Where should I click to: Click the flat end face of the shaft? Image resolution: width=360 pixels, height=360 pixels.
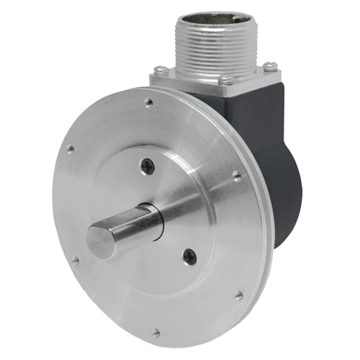tap(101, 241)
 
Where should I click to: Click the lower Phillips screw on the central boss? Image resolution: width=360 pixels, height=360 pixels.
tap(189, 254)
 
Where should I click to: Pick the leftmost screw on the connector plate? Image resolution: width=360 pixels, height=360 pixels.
tap(160, 70)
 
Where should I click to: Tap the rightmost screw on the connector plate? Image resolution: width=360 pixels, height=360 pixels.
tap(270, 66)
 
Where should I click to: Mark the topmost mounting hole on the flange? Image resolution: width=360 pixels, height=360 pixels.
tap(149, 103)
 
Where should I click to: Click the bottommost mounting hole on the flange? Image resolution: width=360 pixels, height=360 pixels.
tap(156, 333)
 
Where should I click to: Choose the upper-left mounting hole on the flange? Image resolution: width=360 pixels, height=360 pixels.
tap(70, 149)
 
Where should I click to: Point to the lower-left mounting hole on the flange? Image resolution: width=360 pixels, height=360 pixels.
tap(74, 261)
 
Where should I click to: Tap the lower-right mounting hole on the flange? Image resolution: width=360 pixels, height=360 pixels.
tap(238, 294)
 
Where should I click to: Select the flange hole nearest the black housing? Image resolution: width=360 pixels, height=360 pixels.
tap(236, 175)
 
